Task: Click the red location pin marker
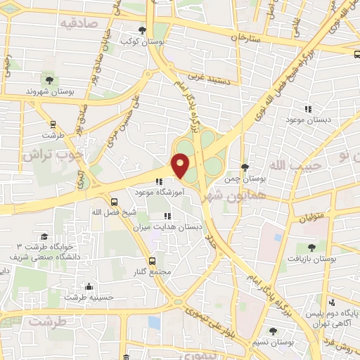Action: pos(181,166)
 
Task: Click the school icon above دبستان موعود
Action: pos(307,109)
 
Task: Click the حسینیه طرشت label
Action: pos(90,297)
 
